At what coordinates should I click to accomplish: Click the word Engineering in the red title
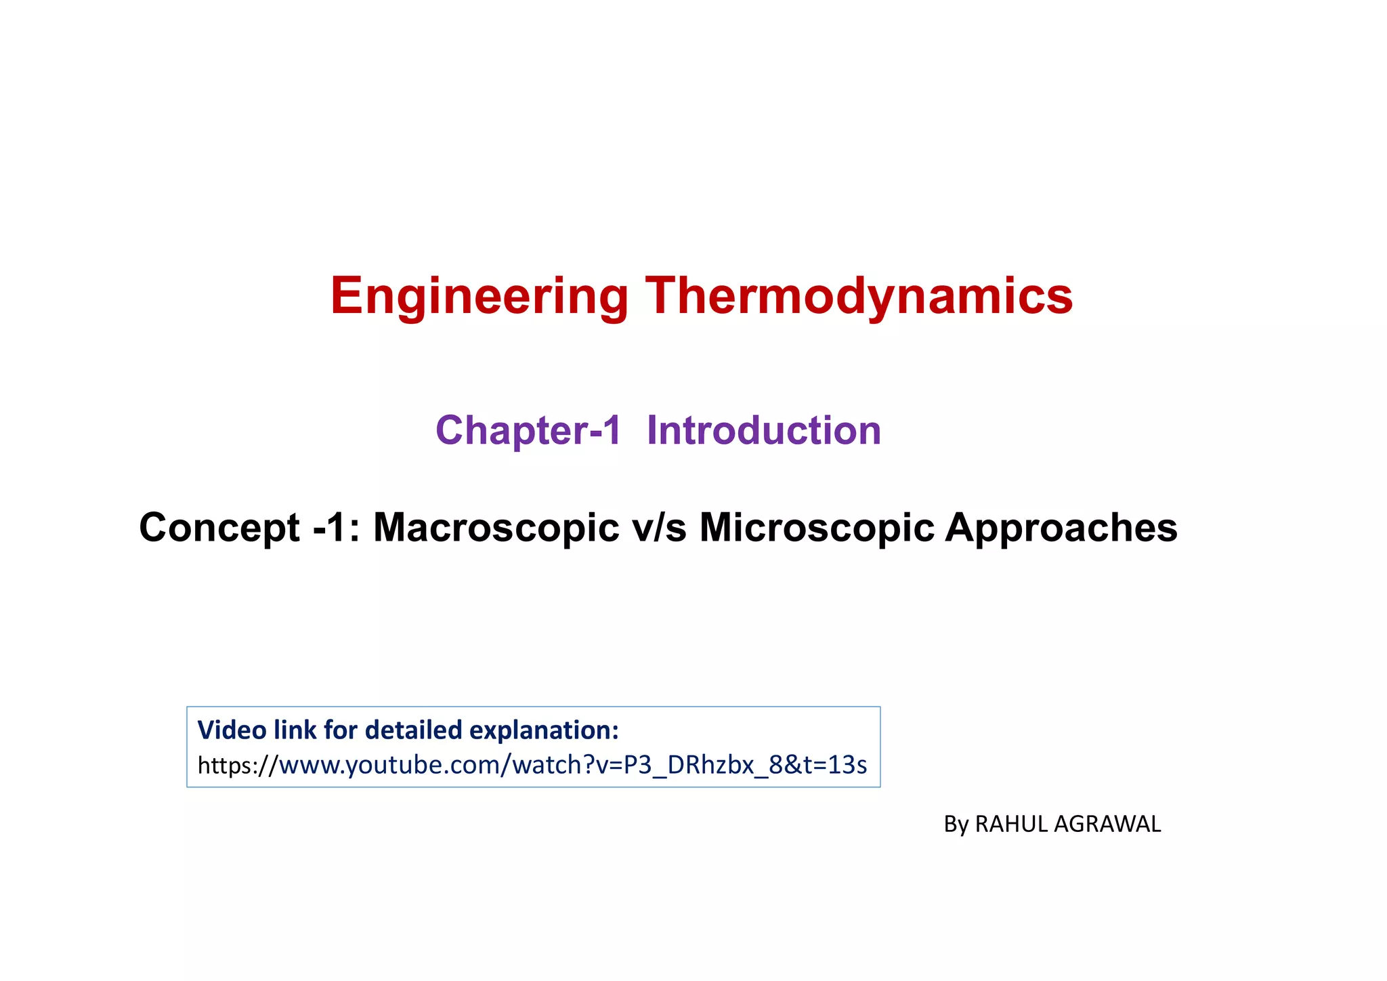point(479,297)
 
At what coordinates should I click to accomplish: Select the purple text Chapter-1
point(528,430)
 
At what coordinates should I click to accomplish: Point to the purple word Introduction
point(764,430)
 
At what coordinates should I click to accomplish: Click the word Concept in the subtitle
point(219,528)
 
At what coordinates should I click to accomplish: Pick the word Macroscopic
point(496,528)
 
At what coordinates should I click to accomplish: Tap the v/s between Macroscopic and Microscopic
point(659,528)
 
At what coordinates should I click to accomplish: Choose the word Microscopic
point(817,528)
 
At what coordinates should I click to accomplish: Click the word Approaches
point(1061,528)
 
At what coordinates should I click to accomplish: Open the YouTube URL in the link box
point(532,765)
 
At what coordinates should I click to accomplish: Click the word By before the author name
point(956,825)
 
